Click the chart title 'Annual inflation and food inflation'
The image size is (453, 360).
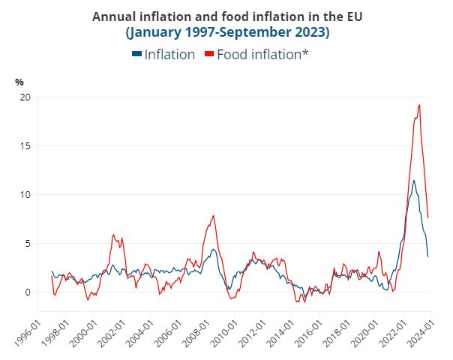tap(227, 16)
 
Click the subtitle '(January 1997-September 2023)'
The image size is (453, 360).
tap(227, 33)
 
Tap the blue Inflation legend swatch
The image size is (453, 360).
tap(136, 54)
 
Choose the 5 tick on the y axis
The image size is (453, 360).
tap(28, 244)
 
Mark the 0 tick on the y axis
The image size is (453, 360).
tap(28, 292)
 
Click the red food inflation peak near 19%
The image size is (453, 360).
tap(418, 105)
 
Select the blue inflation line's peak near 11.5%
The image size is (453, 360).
tap(413, 180)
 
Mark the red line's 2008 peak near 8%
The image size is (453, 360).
tap(214, 216)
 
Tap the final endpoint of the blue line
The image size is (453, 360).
tap(428, 256)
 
